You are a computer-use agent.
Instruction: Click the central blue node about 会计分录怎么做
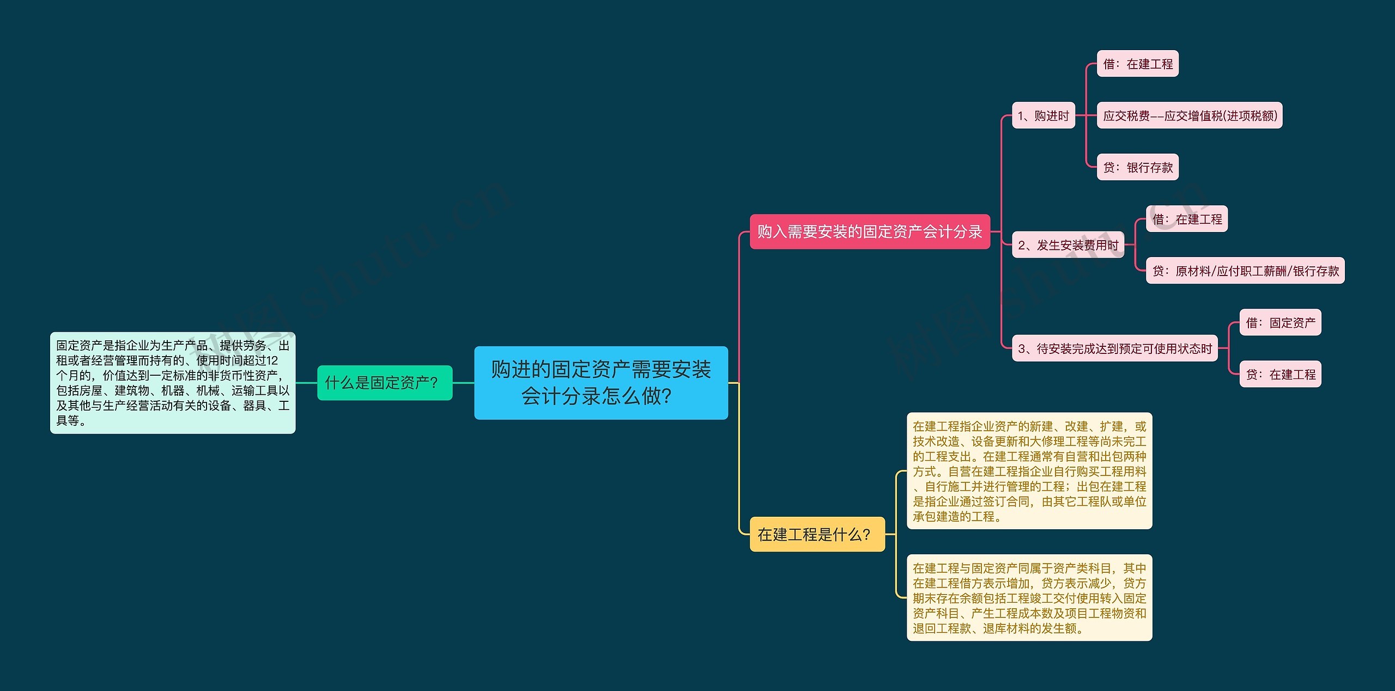coord(601,383)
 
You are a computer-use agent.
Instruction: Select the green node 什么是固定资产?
coord(385,383)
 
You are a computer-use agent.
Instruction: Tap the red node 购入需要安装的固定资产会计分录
coord(869,232)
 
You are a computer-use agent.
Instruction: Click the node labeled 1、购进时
coord(1043,115)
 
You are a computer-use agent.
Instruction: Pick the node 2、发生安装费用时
coord(1068,245)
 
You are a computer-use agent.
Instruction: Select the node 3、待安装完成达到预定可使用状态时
coord(1114,348)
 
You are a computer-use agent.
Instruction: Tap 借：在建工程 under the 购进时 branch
coord(1137,64)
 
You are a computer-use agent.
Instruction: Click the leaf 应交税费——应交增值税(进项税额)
coord(1189,115)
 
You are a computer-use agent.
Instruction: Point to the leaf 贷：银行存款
coord(1137,167)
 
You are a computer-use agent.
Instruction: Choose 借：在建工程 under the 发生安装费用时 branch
coord(1186,219)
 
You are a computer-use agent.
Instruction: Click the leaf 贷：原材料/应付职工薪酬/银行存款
coord(1245,271)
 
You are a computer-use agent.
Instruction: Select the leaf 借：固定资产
coord(1280,322)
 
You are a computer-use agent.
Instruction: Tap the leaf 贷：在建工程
coord(1280,374)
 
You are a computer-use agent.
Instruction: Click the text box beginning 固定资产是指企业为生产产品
coord(173,383)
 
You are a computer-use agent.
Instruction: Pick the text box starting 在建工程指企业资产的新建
coord(1029,471)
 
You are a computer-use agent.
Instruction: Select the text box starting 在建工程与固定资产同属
coord(1029,598)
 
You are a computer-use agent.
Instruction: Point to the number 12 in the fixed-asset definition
coord(272,360)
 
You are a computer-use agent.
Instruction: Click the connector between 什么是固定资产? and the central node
coord(463,383)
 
